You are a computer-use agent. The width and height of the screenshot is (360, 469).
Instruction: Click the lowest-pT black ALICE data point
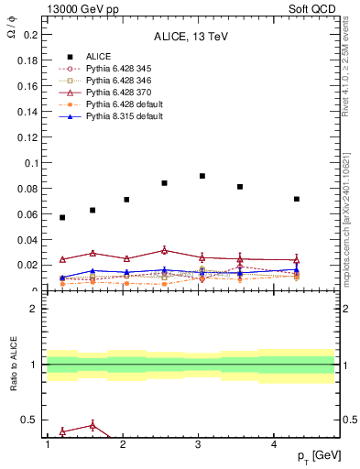62,217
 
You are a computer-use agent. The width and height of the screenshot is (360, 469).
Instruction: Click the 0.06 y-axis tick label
30,214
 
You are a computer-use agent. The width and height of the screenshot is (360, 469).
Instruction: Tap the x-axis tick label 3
199,444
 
